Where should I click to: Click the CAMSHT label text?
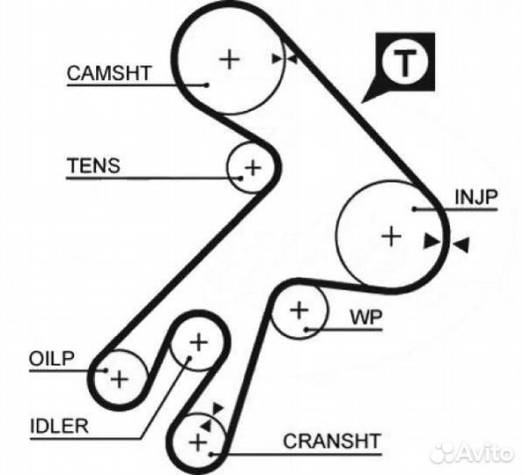pyautogui.click(x=109, y=73)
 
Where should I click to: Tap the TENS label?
pyautogui.click(x=93, y=165)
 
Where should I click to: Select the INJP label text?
pyautogui.click(x=476, y=197)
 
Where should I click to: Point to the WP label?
pyautogui.click(x=366, y=318)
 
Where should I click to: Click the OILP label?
pyautogui.click(x=51, y=359)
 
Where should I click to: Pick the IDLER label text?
pyautogui.click(x=59, y=426)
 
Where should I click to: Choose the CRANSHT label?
pyautogui.click(x=332, y=441)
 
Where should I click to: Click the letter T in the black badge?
pyautogui.click(x=405, y=62)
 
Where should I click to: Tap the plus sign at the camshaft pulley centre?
pyautogui.click(x=230, y=60)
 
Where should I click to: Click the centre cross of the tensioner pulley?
pyautogui.click(x=253, y=167)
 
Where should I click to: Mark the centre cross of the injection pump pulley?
pyautogui.click(x=391, y=237)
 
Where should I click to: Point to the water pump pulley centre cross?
pyautogui.click(x=299, y=311)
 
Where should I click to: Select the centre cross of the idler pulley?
pyautogui.click(x=199, y=342)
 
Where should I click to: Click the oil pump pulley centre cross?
pyautogui.click(x=119, y=379)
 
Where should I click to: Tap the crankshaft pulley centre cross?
pyautogui.click(x=198, y=442)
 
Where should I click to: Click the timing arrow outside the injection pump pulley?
pyautogui.click(x=461, y=245)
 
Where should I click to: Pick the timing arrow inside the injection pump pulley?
pyautogui.click(x=432, y=241)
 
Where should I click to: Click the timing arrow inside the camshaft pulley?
pyautogui.click(x=277, y=59)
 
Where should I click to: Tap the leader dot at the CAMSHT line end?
pyautogui.click(x=207, y=85)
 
